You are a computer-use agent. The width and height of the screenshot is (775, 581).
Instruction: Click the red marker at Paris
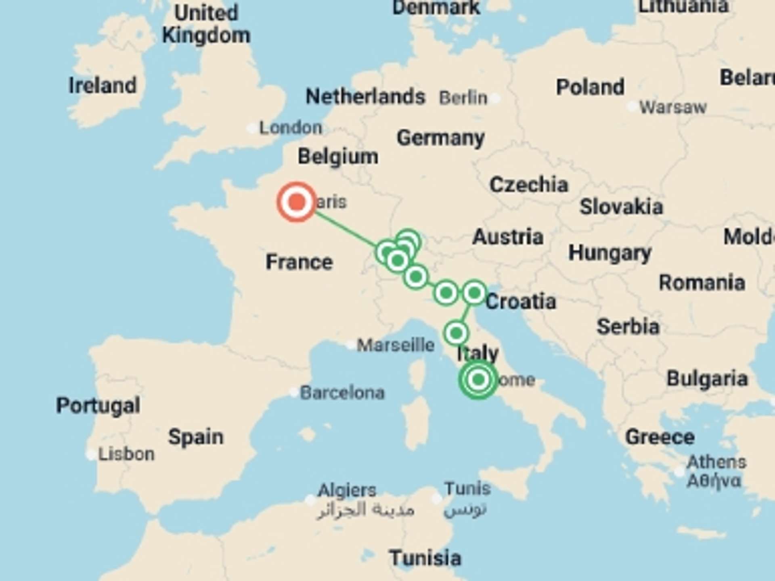tap(296, 202)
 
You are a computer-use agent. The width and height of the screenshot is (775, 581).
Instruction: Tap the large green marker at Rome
tap(478, 379)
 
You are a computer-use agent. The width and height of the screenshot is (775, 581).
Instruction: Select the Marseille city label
tap(396, 345)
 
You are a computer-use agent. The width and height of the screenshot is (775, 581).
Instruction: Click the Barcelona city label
tap(342, 393)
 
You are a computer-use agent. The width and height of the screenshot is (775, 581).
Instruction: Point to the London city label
tap(291, 128)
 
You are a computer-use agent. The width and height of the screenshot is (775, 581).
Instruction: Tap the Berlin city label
tap(463, 98)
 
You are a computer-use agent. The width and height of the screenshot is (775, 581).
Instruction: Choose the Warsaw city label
tap(673, 107)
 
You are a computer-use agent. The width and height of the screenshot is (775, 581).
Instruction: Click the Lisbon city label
tap(126, 454)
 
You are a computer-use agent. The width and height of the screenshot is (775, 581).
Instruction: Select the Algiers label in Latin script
tap(347, 491)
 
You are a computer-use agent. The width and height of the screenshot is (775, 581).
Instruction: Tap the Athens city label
tap(716, 462)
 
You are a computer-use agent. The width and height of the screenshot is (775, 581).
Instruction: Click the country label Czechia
tap(529, 185)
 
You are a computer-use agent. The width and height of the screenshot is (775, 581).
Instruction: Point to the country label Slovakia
tap(621, 207)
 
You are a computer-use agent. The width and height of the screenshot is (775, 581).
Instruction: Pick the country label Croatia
tap(521, 302)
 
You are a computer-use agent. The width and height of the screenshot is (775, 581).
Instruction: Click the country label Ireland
tap(103, 86)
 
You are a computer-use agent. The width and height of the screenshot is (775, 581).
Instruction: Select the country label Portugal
tap(98, 405)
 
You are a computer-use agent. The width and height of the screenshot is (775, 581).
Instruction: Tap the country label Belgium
tap(338, 157)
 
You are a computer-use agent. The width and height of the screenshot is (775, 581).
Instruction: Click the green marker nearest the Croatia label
tap(474, 293)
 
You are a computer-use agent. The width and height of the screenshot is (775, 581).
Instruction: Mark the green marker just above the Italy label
tap(456, 333)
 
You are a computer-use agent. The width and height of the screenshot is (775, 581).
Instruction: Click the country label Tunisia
tap(425, 558)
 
